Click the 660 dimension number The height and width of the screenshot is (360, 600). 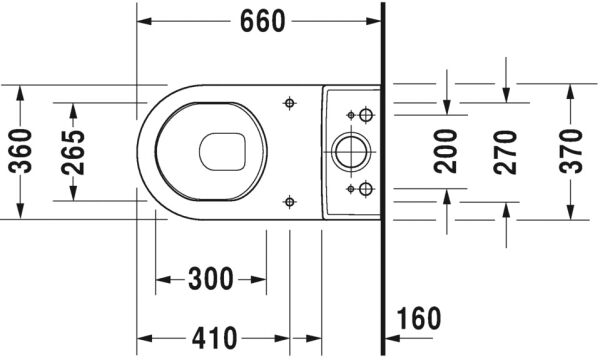[262, 21]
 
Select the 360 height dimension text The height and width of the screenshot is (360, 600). [20, 151]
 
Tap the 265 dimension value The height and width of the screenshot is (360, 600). [73, 152]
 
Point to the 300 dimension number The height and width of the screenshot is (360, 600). [210, 279]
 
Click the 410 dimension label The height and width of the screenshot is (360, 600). [214, 338]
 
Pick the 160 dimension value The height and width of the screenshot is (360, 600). [419, 318]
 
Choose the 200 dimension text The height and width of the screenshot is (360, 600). [446, 151]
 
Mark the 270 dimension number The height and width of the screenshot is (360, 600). [505, 152]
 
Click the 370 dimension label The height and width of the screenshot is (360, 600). [571, 151]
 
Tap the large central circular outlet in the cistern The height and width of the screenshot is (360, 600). [351, 152]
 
